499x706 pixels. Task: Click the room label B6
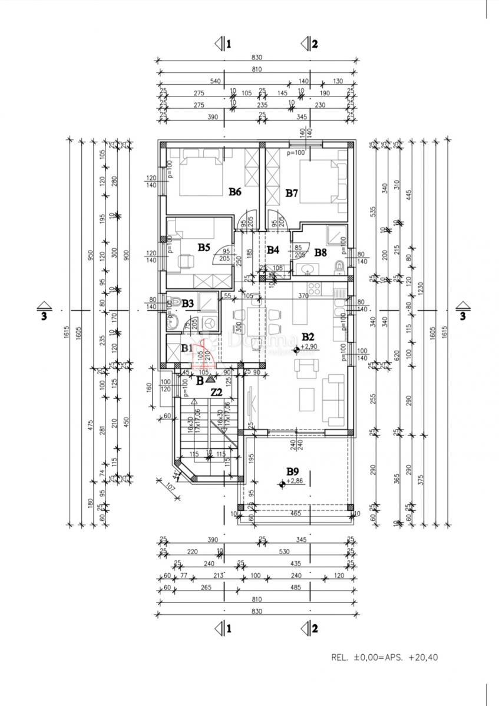pos(235,191)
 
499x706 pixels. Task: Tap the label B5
pos(203,248)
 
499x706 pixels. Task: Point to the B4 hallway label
pos(272,249)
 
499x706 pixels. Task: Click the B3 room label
pos(188,304)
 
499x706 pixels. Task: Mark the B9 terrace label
pos(293,471)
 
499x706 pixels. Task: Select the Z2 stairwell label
pos(216,392)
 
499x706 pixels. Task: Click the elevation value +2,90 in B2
pos(309,347)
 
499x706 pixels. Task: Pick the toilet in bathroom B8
pos(339,268)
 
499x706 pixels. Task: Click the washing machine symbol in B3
pos(209,322)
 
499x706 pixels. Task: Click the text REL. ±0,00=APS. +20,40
pos(385,657)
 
